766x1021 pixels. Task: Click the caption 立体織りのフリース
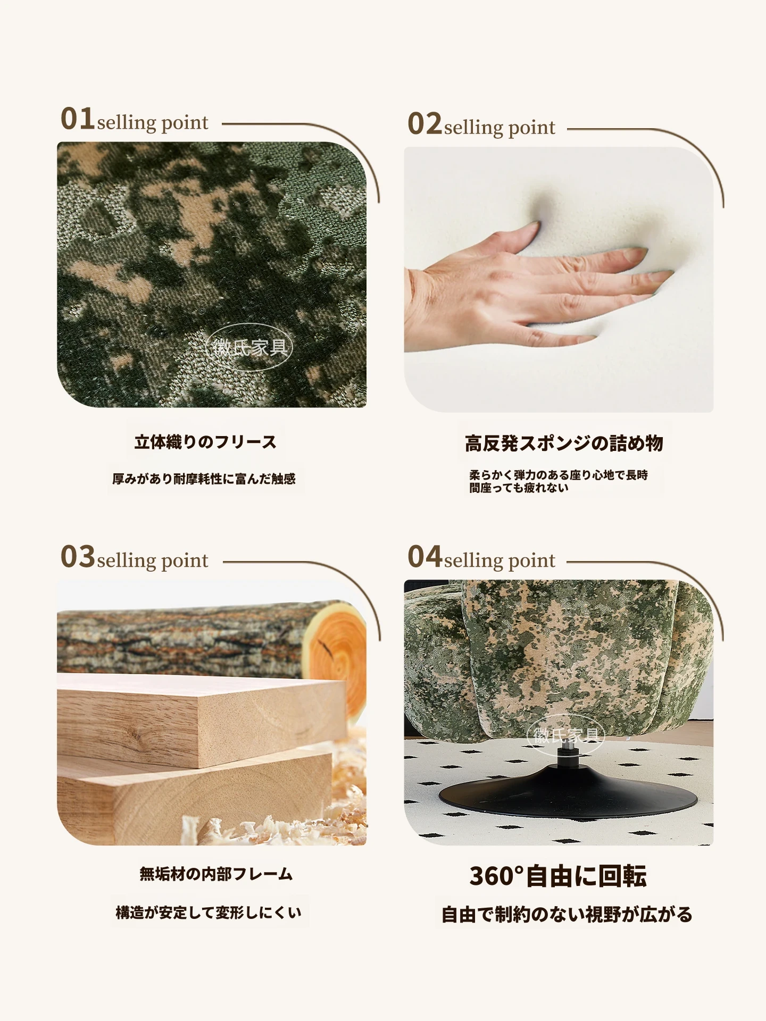click(x=206, y=442)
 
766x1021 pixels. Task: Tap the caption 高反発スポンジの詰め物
click(x=564, y=443)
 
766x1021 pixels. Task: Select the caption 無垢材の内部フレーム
click(x=216, y=874)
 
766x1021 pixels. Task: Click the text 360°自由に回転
click(x=558, y=876)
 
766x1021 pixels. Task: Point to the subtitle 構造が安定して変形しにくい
click(x=209, y=913)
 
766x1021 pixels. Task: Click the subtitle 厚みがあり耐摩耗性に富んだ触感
click(x=204, y=479)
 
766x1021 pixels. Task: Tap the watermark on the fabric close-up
click(x=249, y=347)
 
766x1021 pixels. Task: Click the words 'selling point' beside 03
click(x=153, y=561)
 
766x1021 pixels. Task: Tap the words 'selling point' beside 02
click(x=499, y=128)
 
